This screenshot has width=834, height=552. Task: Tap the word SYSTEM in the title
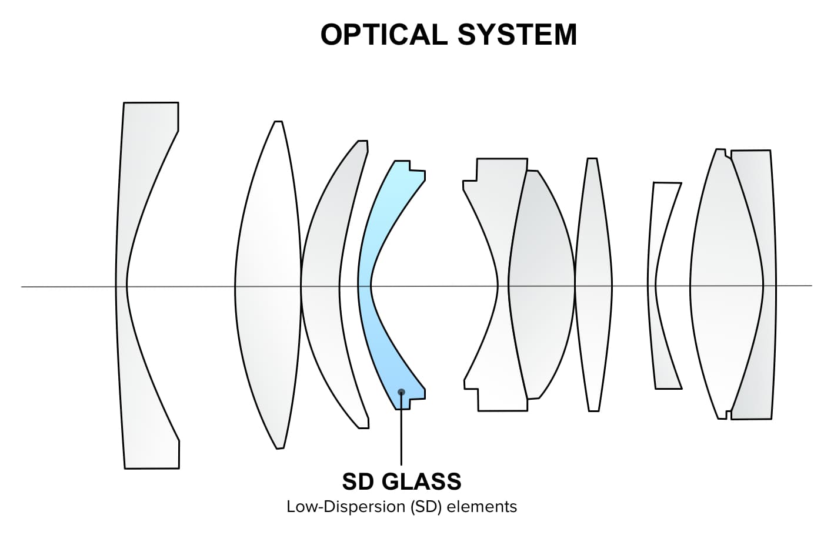[x=517, y=35]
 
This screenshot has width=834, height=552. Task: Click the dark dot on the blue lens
[x=402, y=392]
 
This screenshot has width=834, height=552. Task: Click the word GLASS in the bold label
[x=422, y=481]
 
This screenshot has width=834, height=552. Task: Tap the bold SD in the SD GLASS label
[x=358, y=481]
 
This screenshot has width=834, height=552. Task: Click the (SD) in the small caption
[x=425, y=507]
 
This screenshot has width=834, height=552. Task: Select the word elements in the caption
[x=482, y=507]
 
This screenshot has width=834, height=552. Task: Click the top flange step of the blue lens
[x=416, y=173]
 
